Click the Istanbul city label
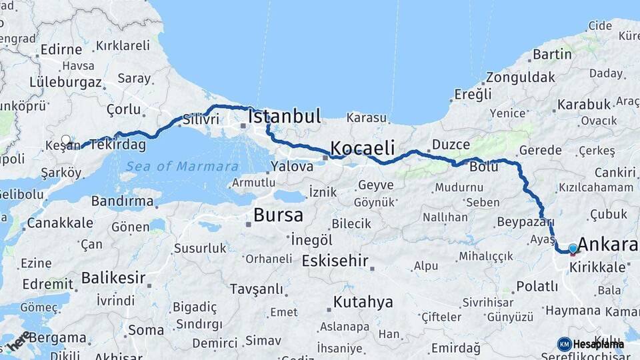[x=285, y=117]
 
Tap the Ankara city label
[x=608, y=244]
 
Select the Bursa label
[x=278, y=216]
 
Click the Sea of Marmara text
[x=182, y=167]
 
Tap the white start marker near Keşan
[x=66, y=140]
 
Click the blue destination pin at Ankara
[x=573, y=248]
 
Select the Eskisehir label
[x=335, y=261]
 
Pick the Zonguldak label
[x=521, y=77]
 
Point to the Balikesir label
[x=113, y=277]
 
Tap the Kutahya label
[x=363, y=302]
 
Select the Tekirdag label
[x=117, y=145]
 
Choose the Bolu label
[x=483, y=167]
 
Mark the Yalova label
[x=291, y=167]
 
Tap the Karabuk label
[x=584, y=105]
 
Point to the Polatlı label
[x=537, y=286]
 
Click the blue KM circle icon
[x=565, y=344]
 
